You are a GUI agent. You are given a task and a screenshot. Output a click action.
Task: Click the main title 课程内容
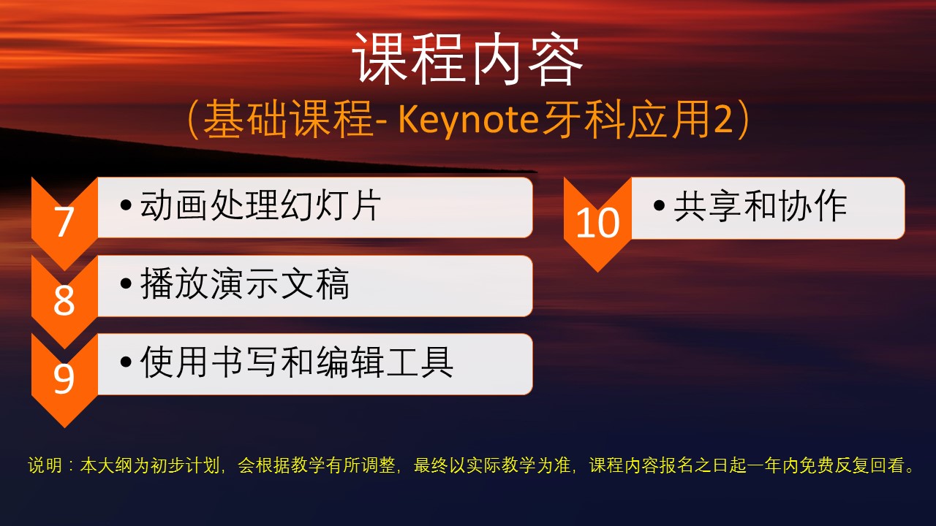coord(467,59)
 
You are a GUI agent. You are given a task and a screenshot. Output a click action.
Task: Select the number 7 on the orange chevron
coord(64,222)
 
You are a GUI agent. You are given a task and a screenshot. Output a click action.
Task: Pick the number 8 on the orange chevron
coord(64,300)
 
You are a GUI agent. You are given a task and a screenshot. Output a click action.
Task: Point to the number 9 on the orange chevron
coord(64,378)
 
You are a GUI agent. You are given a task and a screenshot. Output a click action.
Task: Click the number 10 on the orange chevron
coord(597,223)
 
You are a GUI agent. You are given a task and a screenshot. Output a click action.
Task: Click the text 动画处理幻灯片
coord(260,205)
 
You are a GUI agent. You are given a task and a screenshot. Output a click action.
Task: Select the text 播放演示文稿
coord(244,283)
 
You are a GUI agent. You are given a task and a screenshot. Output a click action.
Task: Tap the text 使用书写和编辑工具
coord(297,362)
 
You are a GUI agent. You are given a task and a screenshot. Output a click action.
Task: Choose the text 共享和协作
coord(760,205)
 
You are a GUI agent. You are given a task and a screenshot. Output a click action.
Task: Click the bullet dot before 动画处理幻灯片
coord(126,205)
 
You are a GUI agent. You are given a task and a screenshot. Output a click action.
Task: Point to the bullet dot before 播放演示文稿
coord(126,283)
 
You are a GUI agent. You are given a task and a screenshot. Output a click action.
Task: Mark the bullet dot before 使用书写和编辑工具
coord(126,362)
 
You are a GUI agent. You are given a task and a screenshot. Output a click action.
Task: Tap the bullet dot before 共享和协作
coord(659,205)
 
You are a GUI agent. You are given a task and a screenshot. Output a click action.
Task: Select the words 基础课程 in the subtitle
coord(288,121)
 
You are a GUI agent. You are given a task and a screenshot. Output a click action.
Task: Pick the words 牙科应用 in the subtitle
coord(627,121)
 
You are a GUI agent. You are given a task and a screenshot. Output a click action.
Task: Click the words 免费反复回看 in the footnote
coord(851,465)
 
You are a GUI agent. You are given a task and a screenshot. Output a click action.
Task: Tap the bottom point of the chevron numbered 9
coord(65,427)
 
